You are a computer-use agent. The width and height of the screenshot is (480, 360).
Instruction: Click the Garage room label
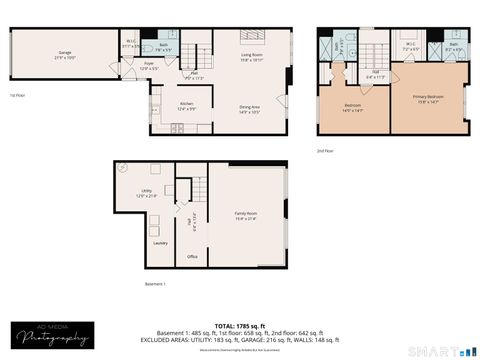coord(65,54)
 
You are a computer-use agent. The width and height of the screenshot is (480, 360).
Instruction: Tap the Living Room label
coord(252,57)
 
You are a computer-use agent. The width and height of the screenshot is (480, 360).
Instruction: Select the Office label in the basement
coord(192,257)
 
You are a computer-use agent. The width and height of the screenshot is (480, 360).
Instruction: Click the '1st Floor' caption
coord(16,96)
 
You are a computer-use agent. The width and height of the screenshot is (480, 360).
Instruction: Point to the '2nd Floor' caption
coord(326,150)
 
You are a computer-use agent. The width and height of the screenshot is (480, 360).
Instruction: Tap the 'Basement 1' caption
coord(154,284)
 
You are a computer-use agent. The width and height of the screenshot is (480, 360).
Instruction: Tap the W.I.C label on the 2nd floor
coord(410,46)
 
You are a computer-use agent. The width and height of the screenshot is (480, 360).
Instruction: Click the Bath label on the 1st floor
coord(163,47)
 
